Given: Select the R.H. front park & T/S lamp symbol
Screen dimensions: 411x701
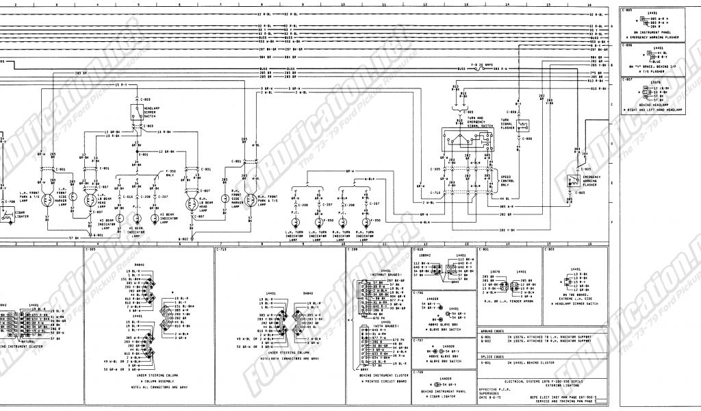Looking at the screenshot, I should tap(248, 201).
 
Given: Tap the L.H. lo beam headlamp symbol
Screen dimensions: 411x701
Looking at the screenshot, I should tap(90, 201).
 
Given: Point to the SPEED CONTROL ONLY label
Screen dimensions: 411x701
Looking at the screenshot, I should tap(505, 182).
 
